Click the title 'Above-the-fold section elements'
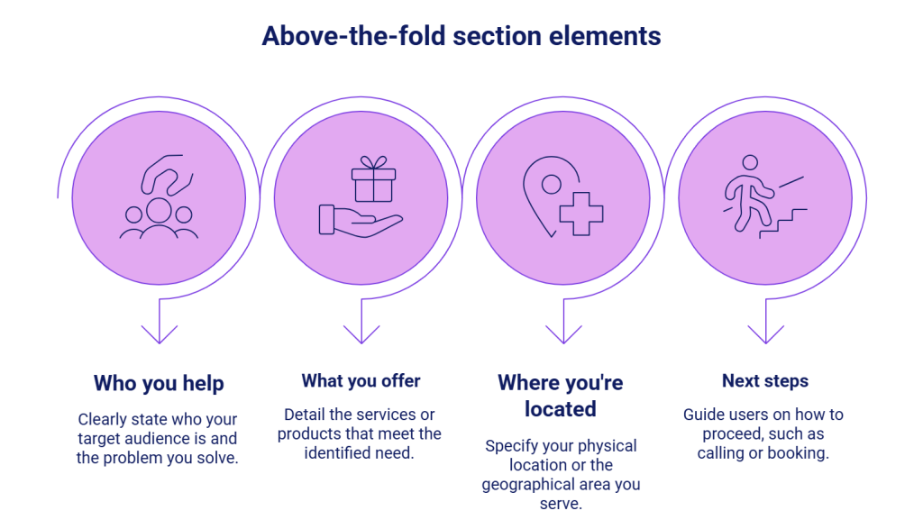[461, 36]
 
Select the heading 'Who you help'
[159, 383]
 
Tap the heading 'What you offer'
[361, 380]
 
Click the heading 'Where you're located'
[561, 396]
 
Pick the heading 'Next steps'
[764, 380]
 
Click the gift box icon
[374, 180]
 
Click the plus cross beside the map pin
[581, 214]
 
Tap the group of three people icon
[159, 220]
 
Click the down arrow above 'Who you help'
[160, 328]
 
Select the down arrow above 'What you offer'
[361, 328]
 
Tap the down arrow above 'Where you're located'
[563, 328]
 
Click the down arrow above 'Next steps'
[765, 328]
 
